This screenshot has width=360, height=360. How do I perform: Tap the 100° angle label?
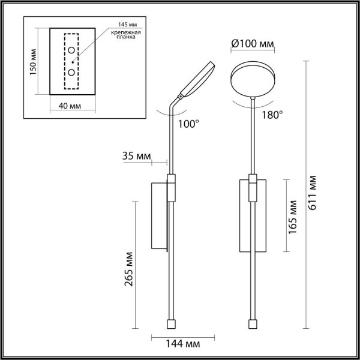tap(188, 124)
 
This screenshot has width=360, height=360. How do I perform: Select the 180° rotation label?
tap(272, 115)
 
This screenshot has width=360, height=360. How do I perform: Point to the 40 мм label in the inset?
tap(71, 106)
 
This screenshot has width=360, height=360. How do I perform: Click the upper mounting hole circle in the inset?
tap(71, 50)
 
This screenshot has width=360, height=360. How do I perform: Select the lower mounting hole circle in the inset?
tap(71, 72)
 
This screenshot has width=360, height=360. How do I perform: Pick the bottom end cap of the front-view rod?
tap(253, 324)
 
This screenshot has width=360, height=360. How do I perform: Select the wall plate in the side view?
tap(160, 217)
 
